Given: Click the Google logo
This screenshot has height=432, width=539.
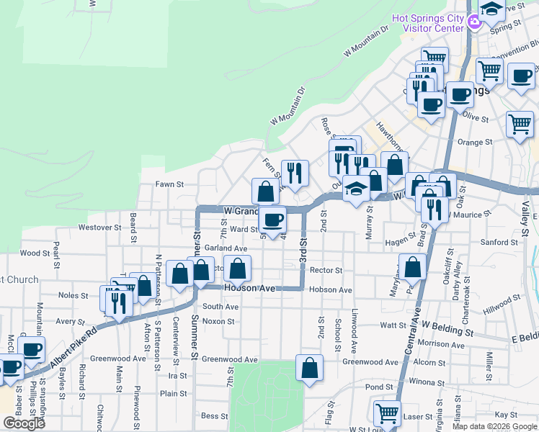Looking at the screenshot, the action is tap(24, 423).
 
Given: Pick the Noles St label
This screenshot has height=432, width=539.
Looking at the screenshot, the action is tap(73, 295).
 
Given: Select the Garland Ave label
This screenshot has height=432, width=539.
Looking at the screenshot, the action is tap(226, 248).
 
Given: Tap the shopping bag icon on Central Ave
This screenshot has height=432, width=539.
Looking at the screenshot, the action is tap(412, 267).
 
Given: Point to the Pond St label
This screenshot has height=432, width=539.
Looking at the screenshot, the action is tap(378, 387).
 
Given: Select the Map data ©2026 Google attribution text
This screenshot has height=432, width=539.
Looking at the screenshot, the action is tap(493, 426).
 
